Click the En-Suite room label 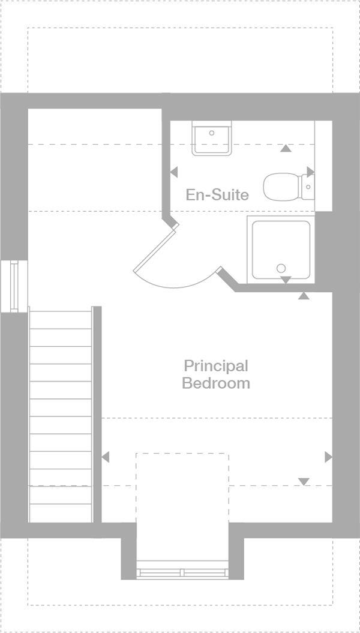(217, 195)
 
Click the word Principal (215, 365)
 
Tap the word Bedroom (215, 383)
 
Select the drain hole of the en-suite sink (212, 133)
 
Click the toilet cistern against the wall (308, 187)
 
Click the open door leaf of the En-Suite (155, 246)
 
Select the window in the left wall (14, 286)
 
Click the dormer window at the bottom (182, 569)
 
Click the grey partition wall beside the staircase (97, 414)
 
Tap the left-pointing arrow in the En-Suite (173, 172)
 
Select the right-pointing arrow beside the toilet (310, 172)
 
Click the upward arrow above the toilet (286, 148)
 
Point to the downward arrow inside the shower (286, 280)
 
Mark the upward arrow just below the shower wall (304, 295)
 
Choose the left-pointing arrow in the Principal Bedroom (106, 457)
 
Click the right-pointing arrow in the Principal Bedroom (328, 457)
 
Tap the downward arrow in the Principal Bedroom (304, 481)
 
